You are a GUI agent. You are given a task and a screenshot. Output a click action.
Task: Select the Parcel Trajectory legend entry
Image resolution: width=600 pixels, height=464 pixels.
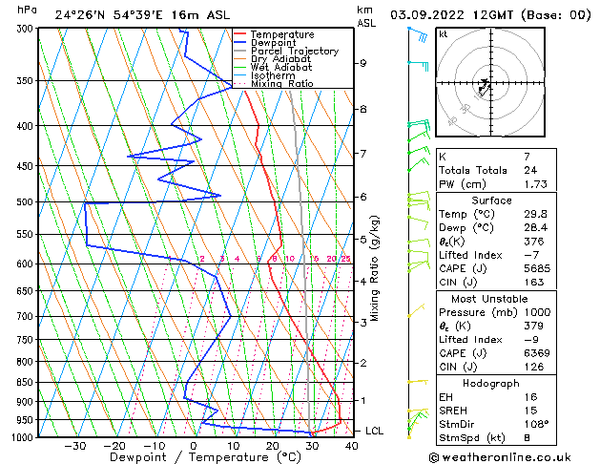[x=294, y=52]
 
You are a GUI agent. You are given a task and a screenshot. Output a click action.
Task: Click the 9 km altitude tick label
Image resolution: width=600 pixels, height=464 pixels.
[x=363, y=63]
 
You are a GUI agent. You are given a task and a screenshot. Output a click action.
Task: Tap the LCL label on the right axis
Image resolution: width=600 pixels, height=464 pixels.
[x=375, y=432]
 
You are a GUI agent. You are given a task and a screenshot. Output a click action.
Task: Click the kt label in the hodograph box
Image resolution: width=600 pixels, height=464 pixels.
[x=444, y=33]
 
